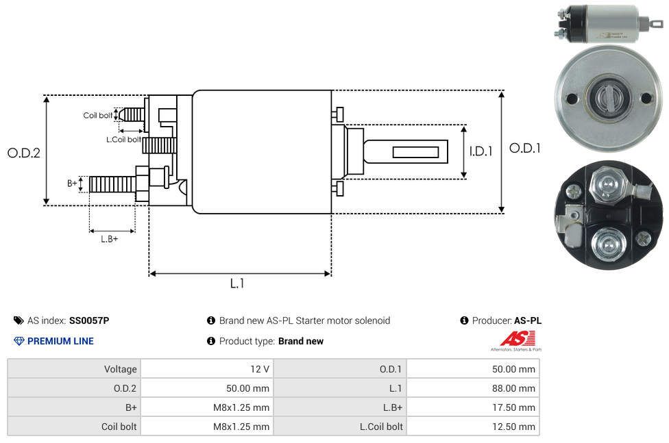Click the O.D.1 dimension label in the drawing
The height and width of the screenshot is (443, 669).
point(524,148)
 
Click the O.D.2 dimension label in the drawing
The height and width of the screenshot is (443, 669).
point(24,153)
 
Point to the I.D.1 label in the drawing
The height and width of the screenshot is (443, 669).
point(481,151)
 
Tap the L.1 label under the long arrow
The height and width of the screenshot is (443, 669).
point(237,283)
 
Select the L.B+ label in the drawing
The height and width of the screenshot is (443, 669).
point(110,239)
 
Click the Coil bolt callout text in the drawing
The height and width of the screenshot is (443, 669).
point(98,115)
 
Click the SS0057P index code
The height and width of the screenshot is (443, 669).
point(89,320)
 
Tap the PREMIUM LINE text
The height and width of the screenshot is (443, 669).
point(60,341)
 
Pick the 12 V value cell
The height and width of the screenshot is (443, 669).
point(260,369)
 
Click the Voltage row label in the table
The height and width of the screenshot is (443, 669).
point(121,369)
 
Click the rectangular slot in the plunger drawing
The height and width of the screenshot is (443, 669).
point(416,151)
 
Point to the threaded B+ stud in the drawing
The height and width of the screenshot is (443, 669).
point(112,184)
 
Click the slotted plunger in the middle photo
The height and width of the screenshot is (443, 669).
point(608,97)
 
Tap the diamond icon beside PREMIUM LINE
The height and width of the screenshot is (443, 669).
point(19,341)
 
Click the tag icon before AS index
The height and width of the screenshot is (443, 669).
point(19,320)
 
